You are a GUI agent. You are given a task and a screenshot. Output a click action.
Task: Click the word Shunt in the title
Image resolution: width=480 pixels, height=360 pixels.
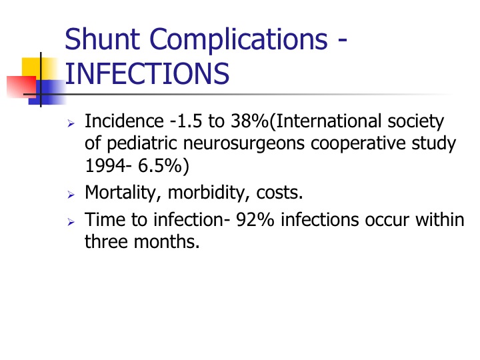pyautogui.click(x=103, y=39)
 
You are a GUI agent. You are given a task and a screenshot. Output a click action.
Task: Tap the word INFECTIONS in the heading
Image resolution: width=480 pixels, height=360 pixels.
pyautogui.click(x=147, y=73)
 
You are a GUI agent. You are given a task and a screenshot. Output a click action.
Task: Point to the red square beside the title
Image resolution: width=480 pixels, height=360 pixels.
pyautogui.click(x=21, y=87)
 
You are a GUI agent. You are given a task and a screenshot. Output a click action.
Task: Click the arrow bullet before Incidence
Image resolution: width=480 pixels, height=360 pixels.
pyautogui.click(x=71, y=124)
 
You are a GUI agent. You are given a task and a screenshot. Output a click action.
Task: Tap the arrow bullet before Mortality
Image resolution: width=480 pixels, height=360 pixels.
pyautogui.click(x=71, y=195)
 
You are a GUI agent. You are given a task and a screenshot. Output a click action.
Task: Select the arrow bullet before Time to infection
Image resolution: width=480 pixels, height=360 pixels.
pyautogui.click(x=71, y=222)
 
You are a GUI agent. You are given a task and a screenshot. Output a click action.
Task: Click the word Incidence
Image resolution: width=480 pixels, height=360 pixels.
pyautogui.click(x=124, y=121)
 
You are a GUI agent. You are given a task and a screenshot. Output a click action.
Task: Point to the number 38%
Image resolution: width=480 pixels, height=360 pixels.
pyautogui.click(x=249, y=121)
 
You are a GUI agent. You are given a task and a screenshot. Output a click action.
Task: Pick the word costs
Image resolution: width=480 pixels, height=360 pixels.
pyautogui.click(x=279, y=193)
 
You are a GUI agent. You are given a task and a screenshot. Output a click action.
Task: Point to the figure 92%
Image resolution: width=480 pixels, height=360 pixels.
pyautogui.click(x=255, y=220)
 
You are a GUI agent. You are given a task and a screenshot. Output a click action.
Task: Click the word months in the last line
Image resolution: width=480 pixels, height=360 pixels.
pyautogui.click(x=167, y=241)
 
